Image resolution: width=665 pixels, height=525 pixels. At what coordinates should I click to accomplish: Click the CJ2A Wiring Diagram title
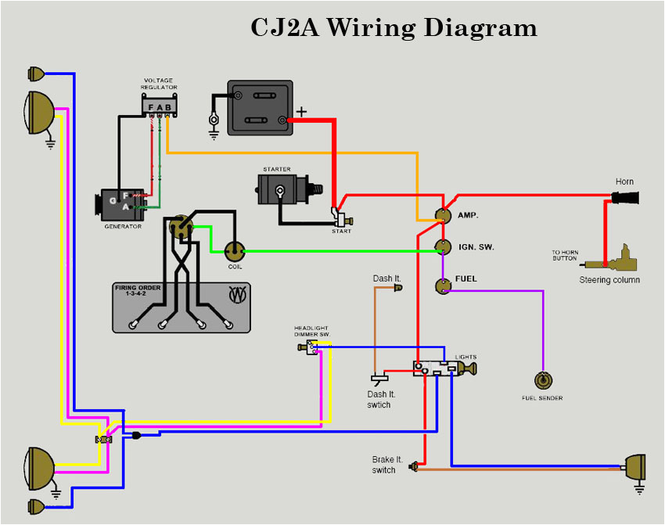coord(394,27)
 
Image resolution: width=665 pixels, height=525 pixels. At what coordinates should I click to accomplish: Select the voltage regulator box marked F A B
coord(160,106)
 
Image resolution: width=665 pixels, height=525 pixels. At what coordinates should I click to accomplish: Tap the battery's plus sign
coord(301,112)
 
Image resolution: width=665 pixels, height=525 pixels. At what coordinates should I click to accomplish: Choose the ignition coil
coord(234,251)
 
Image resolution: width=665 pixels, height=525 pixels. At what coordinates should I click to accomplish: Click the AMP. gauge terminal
coord(443,215)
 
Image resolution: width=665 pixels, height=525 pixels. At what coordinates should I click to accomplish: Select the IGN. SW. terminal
coord(443,247)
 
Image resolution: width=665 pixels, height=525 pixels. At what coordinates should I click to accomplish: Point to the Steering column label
coord(609,280)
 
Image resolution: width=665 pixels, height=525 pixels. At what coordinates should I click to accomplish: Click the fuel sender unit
coord(542,381)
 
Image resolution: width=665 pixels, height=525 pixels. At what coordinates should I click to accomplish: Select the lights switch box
coord(435,367)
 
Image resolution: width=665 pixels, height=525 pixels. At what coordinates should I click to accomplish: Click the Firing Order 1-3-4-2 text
coord(138,291)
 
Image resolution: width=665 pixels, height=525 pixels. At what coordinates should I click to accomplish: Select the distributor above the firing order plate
coord(181,227)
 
